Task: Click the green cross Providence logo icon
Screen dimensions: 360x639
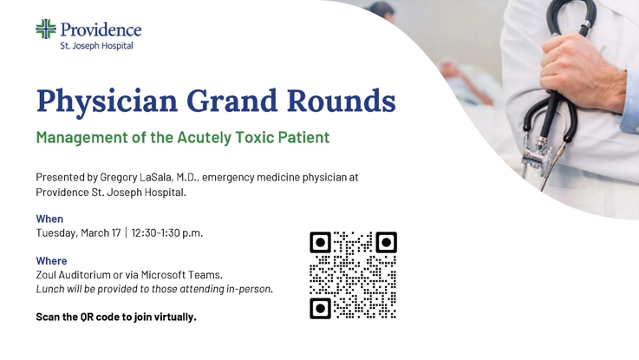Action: [x=46, y=29]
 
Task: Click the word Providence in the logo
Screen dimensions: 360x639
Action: [x=101, y=30]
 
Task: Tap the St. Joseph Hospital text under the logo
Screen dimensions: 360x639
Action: [x=96, y=46]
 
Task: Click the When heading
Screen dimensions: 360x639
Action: [x=49, y=219]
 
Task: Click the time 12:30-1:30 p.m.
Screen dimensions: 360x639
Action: [x=167, y=232]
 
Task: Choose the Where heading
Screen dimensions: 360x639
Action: [x=51, y=260]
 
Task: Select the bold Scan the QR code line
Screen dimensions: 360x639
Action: [x=116, y=317]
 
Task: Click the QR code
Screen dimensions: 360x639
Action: [x=353, y=275]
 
